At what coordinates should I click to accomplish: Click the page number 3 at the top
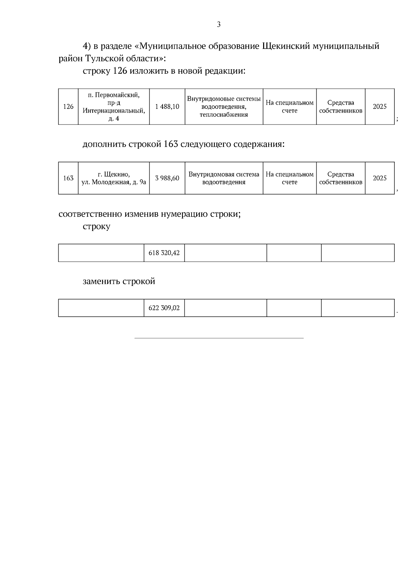tap(218, 25)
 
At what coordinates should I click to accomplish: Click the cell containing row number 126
tap(68, 107)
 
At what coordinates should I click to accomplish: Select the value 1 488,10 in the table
tap(167, 107)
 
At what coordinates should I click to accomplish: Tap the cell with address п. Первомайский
tap(114, 106)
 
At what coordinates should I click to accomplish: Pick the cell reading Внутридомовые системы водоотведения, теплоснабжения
tap(224, 106)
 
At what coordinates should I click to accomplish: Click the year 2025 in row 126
tap(380, 106)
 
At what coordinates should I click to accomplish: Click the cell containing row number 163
tap(68, 178)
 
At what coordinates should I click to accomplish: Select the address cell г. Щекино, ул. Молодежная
tap(114, 178)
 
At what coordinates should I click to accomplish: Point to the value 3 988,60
tap(167, 178)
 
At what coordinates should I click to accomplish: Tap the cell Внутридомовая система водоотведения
tap(224, 178)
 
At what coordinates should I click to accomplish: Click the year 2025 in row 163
tap(380, 178)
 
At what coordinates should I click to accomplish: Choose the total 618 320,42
tap(164, 253)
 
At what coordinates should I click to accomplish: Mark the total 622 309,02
tap(164, 308)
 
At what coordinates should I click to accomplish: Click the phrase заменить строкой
tap(119, 281)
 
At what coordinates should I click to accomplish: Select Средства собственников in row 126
tap(340, 106)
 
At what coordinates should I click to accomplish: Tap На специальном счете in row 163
tap(289, 178)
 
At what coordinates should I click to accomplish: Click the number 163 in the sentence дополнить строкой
tap(171, 144)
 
